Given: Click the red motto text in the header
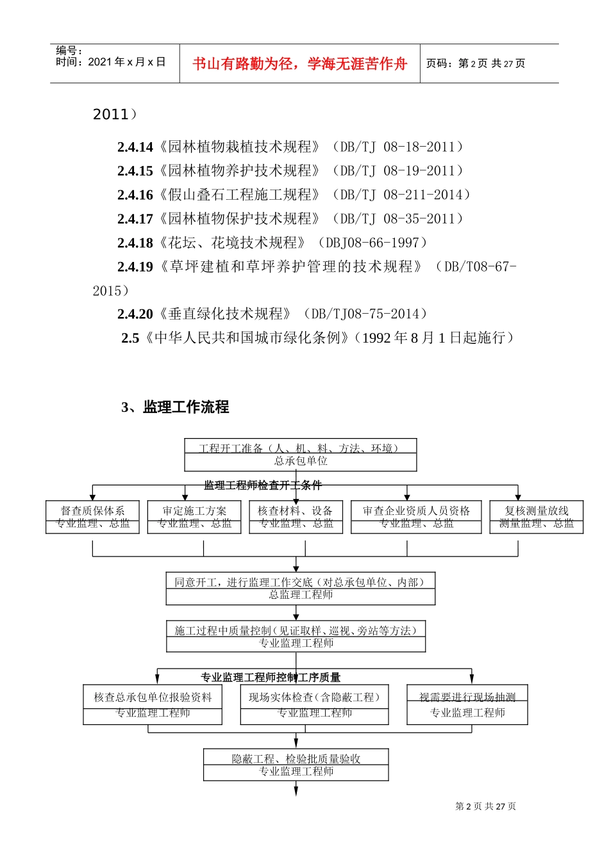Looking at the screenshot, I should pyautogui.click(x=300, y=63).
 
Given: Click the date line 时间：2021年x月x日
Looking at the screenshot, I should pyautogui.click(x=111, y=62).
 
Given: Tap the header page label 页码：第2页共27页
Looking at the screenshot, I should pyautogui.click(x=476, y=63).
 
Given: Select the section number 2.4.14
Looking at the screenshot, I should pyautogui.click(x=135, y=147).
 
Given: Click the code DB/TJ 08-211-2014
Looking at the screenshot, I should pyautogui.click(x=404, y=195).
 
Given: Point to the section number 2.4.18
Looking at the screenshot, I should pyautogui.click(x=135, y=243).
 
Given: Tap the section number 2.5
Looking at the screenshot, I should pyautogui.click(x=130, y=338).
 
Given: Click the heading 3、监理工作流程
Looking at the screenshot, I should pyautogui.click(x=175, y=407).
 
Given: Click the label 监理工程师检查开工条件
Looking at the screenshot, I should pyautogui.click(x=263, y=485).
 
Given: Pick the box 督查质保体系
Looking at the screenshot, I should pyautogui.click(x=92, y=517).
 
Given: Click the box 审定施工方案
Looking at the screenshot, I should pyautogui.click(x=194, y=517).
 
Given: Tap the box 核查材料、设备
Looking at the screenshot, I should pyautogui.click(x=296, y=517).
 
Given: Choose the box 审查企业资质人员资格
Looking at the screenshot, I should pyautogui.click(x=417, y=517).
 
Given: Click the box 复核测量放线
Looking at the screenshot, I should pyautogui.click(x=537, y=517).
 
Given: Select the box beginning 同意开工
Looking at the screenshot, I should pyautogui.click(x=300, y=588).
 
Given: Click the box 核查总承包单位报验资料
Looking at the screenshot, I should pyautogui.click(x=153, y=704).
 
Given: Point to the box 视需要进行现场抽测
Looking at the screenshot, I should pyautogui.click(x=467, y=704).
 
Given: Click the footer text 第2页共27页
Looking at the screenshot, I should pyautogui.click(x=485, y=806).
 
